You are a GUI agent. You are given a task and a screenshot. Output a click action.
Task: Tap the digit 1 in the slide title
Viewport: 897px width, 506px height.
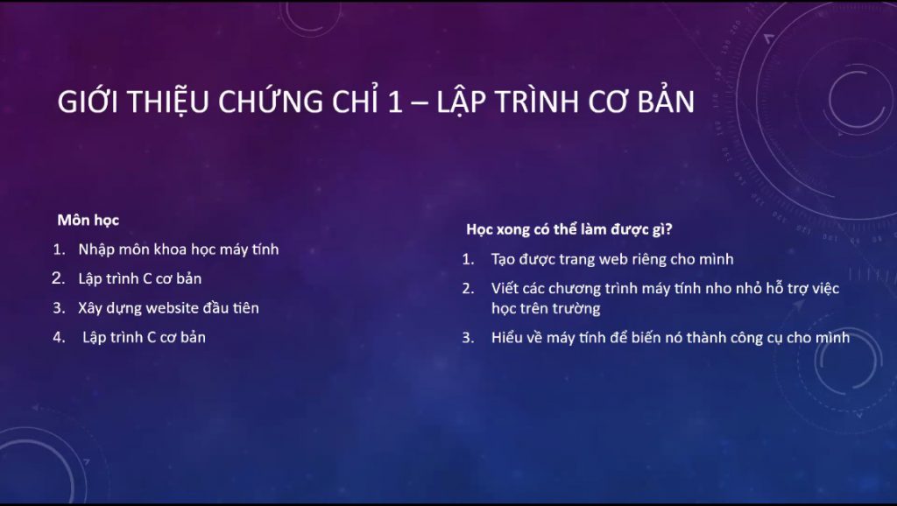pyautogui.click(x=395, y=102)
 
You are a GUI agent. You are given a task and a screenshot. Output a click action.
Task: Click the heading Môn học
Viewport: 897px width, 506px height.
pyautogui.click(x=88, y=220)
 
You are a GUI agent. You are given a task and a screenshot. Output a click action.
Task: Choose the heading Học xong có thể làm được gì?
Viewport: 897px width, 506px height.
pyautogui.click(x=569, y=229)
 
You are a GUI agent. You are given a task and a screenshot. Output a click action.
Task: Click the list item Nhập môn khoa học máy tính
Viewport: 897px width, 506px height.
pyautogui.click(x=179, y=249)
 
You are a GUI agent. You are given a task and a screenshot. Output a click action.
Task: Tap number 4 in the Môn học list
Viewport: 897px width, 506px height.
pyautogui.click(x=59, y=337)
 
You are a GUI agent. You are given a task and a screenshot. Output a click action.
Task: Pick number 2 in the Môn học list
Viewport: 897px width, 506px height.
pyautogui.click(x=59, y=278)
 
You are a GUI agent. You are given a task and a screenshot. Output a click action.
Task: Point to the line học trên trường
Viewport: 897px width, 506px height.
pyautogui.click(x=546, y=309)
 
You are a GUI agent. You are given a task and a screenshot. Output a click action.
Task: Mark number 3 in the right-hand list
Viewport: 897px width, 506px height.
pyautogui.click(x=468, y=338)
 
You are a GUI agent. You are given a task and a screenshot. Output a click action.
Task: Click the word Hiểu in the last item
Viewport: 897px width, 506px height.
pyautogui.click(x=505, y=337)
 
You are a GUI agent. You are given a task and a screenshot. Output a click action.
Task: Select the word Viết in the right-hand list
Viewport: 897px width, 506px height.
pyautogui.click(x=505, y=288)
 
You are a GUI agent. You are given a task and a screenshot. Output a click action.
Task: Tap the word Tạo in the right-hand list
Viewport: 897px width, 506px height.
pyautogui.click(x=504, y=260)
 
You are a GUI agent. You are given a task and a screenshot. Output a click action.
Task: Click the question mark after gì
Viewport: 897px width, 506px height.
pyautogui.click(x=668, y=228)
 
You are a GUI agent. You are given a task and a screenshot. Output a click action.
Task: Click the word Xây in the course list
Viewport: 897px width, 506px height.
pyautogui.click(x=88, y=308)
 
